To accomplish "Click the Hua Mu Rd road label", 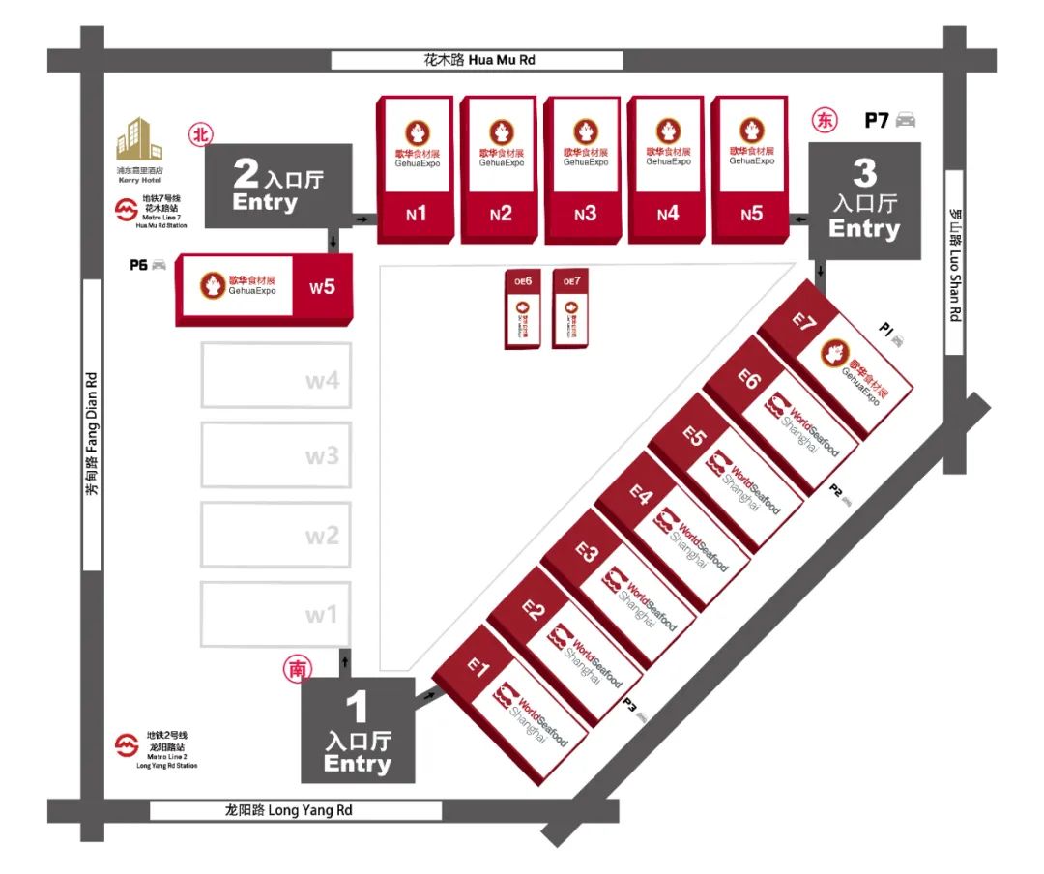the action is (479, 60).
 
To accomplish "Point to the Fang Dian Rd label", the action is (92, 435).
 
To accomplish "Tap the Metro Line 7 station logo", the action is (126, 210).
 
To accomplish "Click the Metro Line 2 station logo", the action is (126, 746).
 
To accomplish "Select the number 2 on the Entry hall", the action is (247, 174).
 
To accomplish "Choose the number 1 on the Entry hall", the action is (358, 710).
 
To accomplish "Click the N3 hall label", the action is (585, 215).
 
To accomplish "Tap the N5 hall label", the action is (751, 215).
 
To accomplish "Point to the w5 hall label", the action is (322, 287).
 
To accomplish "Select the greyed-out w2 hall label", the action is (322, 535).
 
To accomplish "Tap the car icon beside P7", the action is (905, 120).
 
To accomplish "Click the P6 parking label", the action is (139, 264).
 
